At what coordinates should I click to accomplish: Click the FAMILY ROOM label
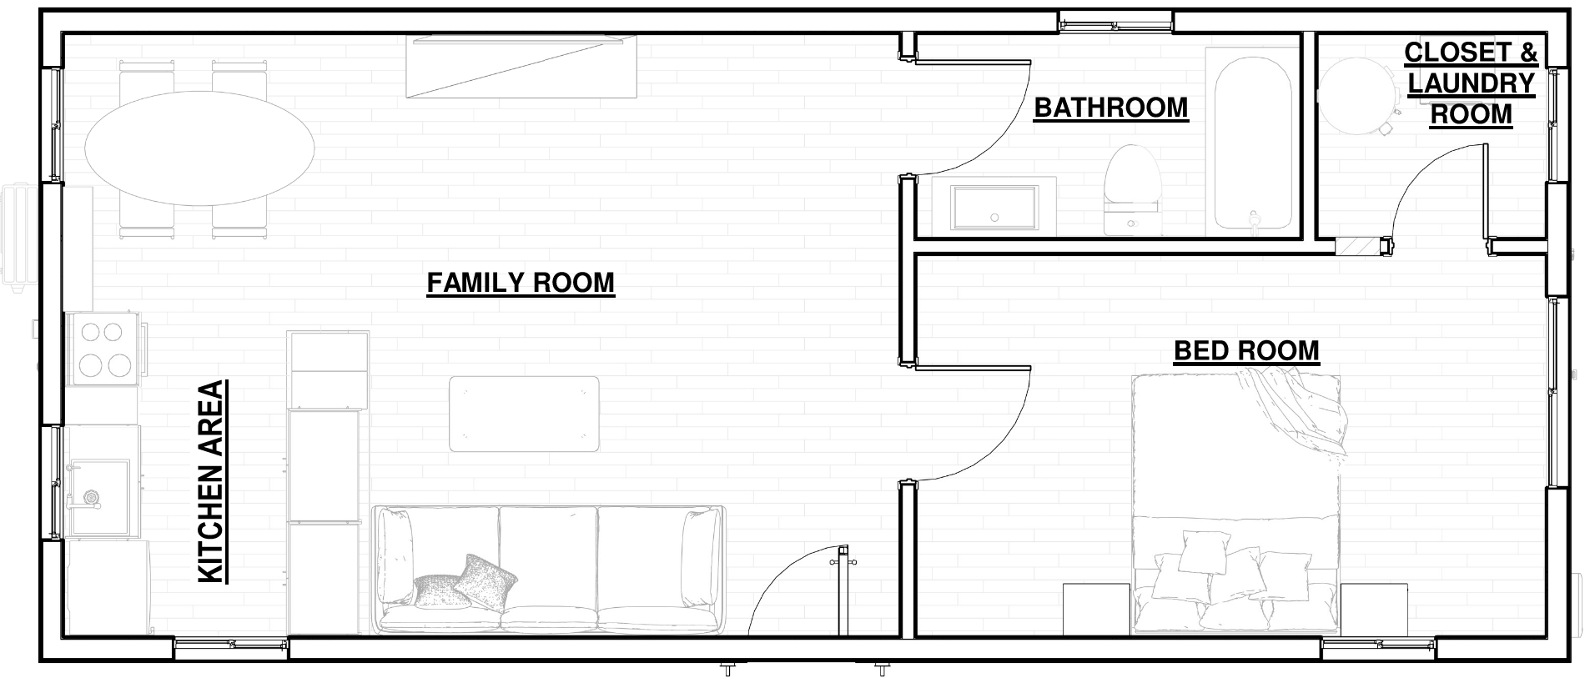click(521, 283)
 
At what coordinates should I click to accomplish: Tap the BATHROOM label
click(1110, 108)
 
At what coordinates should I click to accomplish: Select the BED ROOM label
click(1246, 350)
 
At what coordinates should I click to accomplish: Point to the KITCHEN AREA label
click(212, 481)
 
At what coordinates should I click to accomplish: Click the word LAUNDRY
click(1471, 83)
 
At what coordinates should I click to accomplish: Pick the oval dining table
click(199, 148)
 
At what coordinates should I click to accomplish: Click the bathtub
click(1253, 142)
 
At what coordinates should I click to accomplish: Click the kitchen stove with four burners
click(104, 349)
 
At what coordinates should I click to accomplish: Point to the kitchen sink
click(98, 496)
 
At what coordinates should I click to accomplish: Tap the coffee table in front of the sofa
click(524, 414)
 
